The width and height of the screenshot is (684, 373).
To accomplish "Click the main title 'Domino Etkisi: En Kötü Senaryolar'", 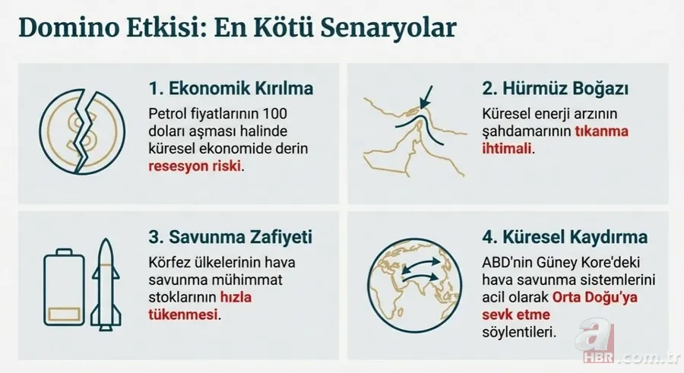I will click(237, 27).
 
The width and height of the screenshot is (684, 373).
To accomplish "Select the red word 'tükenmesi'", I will click(182, 314).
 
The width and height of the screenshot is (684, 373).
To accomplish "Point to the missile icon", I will click(105, 284).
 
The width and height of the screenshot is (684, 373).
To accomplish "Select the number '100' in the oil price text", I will click(282, 113).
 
